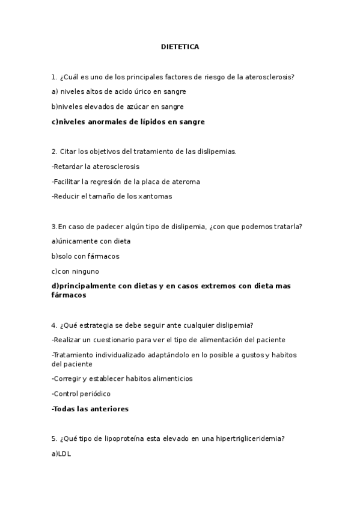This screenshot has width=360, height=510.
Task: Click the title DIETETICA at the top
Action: pyautogui.click(x=180, y=46)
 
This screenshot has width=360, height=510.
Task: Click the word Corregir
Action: pyautogui.click(x=70, y=379)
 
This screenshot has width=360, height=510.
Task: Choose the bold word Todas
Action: pyautogui.click(x=65, y=409)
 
